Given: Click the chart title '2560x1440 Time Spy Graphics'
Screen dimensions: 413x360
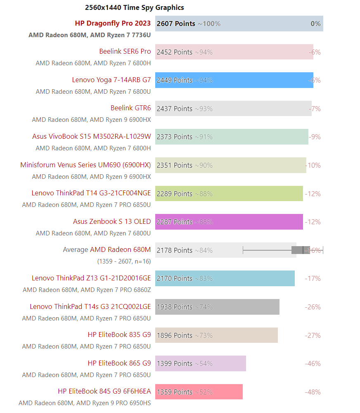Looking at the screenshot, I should click(134, 7).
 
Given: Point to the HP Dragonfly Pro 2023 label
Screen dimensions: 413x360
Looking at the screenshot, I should click(113, 24).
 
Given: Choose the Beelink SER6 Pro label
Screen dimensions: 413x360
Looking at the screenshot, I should click(125, 52).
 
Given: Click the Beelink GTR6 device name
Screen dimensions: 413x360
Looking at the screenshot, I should click(130, 108).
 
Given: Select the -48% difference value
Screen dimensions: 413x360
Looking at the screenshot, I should click(313, 392).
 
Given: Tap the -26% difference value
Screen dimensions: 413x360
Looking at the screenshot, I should click(313, 307).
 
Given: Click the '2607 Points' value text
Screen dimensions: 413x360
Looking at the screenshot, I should click(176, 24).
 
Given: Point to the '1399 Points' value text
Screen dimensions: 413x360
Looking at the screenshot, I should click(175, 363).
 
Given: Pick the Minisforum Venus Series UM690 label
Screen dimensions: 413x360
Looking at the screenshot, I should click(85, 165).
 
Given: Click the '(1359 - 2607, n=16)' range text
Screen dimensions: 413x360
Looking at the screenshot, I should click(124, 261).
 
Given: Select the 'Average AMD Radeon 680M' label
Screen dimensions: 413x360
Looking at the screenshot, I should click(107, 250).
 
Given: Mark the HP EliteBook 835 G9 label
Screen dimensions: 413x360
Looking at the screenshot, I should click(119, 335).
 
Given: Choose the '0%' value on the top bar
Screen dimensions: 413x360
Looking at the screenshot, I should click(315, 24).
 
